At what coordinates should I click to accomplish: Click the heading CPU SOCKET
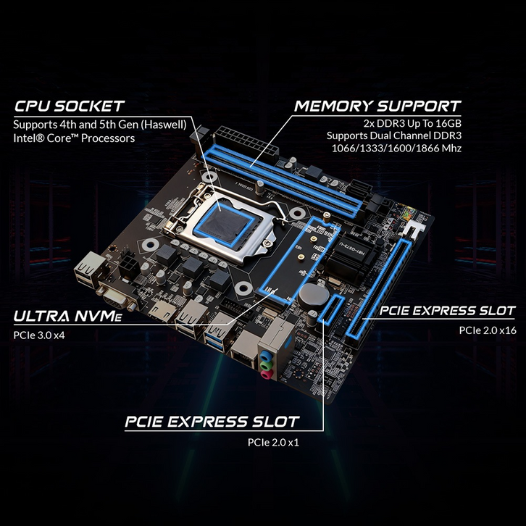[x=69, y=106]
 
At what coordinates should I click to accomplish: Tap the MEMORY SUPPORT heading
[x=377, y=106]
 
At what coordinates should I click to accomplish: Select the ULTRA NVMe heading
[x=68, y=316]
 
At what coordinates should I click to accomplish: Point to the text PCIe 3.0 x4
[x=39, y=335]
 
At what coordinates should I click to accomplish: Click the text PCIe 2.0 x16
[x=488, y=330]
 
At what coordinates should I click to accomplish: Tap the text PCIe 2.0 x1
[x=273, y=442]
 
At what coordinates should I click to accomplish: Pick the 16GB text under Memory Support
[x=448, y=123]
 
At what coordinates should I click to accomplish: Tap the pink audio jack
[x=266, y=374]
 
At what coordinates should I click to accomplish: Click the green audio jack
[x=266, y=364]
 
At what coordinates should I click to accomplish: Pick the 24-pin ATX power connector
[x=246, y=142]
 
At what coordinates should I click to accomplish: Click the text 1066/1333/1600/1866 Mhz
[x=396, y=149]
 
